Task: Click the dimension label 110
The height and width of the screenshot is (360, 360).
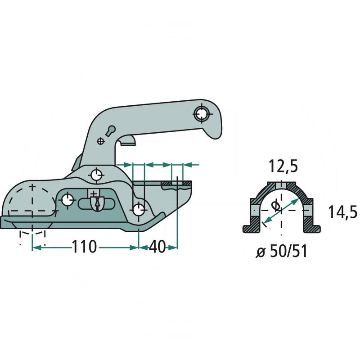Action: [x=85, y=247]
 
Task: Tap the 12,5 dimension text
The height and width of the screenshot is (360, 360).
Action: [x=283, y=167]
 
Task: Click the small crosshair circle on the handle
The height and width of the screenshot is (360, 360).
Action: [x=100, y=141]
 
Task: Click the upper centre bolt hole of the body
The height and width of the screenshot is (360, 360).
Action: [x=96, y=174]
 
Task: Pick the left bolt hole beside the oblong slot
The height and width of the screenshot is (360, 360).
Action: [x=67, y=200]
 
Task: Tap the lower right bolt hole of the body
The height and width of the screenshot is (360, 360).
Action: [x=139, y=209]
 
